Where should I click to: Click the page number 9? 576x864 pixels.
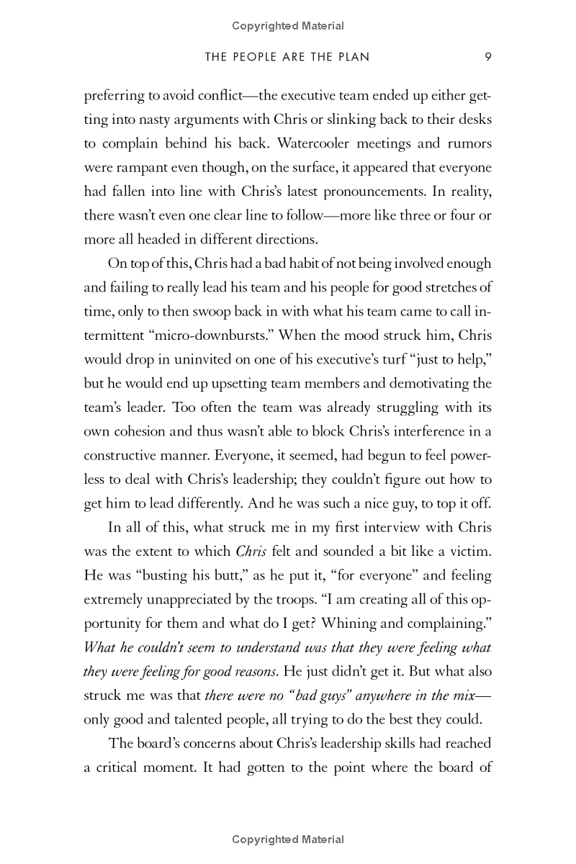coord(487,57)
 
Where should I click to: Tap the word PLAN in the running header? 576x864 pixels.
coord(353,57)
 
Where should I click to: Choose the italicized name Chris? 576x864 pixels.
coord(251,552)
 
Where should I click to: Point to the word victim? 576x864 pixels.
coord(470,552)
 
